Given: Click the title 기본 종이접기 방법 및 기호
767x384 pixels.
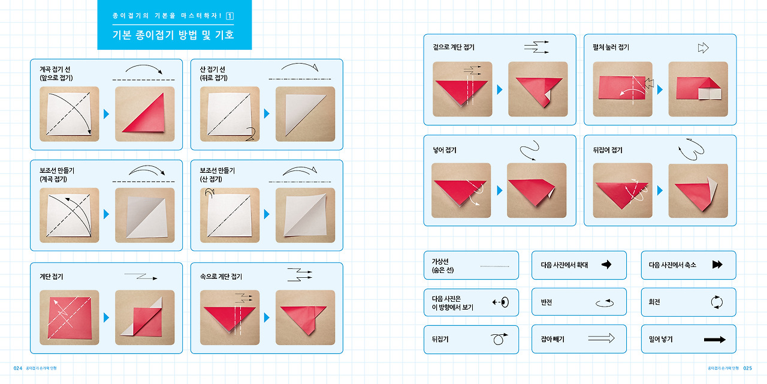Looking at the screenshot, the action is [173, 35].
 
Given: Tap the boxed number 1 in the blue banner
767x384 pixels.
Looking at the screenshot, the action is [230, 16].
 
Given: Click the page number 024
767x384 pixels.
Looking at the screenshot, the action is [18, 368].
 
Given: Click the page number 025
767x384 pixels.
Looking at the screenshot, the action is [747, 368].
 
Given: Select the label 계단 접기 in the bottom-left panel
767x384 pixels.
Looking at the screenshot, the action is [52, 277].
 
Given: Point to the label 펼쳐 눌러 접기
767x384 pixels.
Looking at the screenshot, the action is [611, 47].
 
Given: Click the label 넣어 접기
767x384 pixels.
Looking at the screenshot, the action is [445, 150].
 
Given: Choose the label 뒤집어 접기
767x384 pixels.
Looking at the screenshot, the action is [608, 150].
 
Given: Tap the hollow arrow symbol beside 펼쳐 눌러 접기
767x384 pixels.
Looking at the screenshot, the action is [703, 47].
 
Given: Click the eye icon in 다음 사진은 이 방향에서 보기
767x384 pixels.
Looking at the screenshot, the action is [505, 302].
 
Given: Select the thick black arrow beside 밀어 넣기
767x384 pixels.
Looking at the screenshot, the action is [715, 340].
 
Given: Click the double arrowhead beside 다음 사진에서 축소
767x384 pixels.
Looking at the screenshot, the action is [717, 265].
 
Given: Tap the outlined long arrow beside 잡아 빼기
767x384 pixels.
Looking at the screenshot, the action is [601, 338].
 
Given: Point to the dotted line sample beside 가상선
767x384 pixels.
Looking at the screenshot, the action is [494, 266].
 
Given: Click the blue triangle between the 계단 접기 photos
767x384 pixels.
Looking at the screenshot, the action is [106, 317].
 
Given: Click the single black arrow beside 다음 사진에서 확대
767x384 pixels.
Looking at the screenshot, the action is [606, 265].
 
